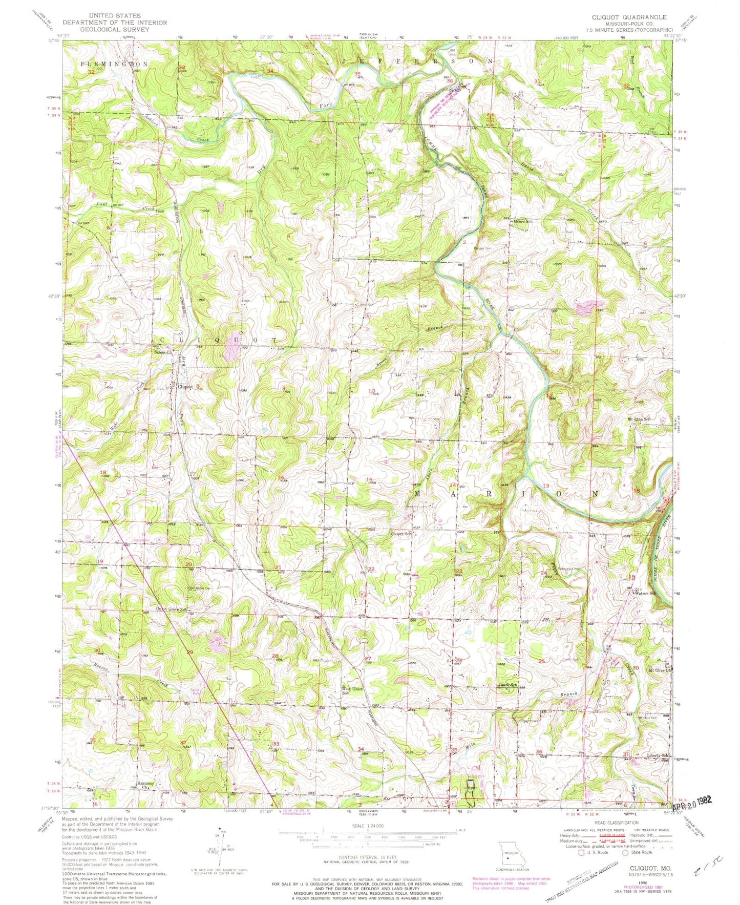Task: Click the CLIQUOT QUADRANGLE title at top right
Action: tap(629, 17)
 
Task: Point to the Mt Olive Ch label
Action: tap(659, 670)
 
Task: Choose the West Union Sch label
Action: tap(352, 691)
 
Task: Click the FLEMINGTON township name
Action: tap(114, 64)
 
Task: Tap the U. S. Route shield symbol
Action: tap(581, 853)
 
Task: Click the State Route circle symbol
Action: tap(625, 853)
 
